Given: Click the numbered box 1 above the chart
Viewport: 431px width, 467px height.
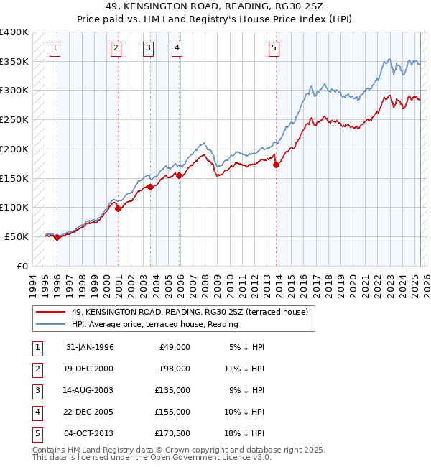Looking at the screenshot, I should pos(56,48).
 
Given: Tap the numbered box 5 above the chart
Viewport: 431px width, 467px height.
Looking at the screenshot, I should pos(274,48).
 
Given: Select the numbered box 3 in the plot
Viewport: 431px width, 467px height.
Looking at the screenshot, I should pos(148,48).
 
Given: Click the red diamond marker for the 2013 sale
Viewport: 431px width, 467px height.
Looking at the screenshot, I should pos(277,165).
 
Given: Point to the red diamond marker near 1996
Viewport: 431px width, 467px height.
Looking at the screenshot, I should pos(57,237).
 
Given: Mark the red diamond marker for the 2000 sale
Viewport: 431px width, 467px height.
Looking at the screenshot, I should pos(119,208).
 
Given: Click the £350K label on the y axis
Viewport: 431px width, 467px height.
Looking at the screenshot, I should pos(14,62).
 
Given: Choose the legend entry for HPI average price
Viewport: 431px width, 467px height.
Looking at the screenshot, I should pos(155,324).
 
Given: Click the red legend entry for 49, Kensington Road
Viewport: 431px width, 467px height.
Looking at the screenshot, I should pos(190,312).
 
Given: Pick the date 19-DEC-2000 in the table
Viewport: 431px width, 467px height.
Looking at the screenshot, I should pos(89,369).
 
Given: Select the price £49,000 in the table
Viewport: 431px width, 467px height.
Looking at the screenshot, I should pos(174,347).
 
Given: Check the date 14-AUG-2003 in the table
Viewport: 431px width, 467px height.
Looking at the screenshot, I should pos(89,390).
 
